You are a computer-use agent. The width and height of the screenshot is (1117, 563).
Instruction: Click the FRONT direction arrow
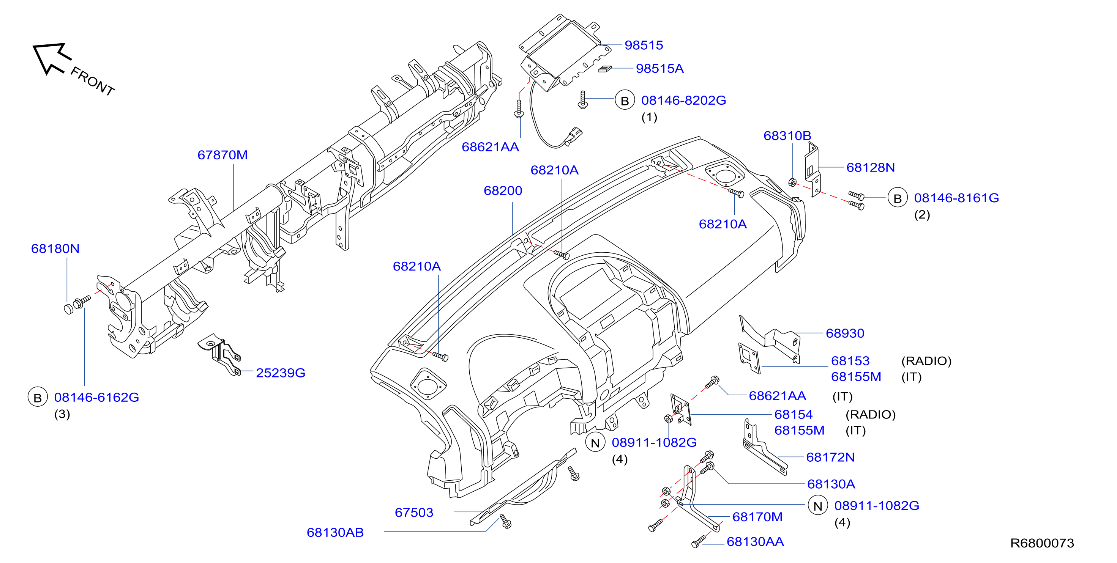tap(51, 58)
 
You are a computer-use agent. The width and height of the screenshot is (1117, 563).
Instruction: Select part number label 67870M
tap(222, 155)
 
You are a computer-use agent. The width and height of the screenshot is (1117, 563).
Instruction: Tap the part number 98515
tap(644, 45)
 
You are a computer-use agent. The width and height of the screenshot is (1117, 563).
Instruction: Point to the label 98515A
tap(659, 69)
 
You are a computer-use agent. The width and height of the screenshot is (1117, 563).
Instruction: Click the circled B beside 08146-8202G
tap(625, 100)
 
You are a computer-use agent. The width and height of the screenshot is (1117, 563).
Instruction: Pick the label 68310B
tap(787, 136)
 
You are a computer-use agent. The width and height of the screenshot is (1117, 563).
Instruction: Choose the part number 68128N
tap(870, 167)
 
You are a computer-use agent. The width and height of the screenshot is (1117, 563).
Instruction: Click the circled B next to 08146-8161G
tap(897, 198)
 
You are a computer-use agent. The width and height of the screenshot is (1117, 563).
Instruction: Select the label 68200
tap(503, 190)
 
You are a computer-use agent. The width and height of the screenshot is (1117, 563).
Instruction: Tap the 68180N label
tap(55, 248)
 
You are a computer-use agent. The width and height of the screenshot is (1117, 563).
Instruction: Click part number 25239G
tap(281, 373)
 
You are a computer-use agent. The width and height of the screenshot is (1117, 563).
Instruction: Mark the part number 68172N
tap(830, 457)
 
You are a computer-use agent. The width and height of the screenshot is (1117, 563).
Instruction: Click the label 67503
tap(414, 512)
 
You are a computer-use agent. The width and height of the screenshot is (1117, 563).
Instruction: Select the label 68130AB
tap(335, 532)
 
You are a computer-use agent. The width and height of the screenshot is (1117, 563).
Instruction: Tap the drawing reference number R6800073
tap(1042, 543)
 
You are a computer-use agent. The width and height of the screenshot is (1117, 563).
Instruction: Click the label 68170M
tap(757, 517)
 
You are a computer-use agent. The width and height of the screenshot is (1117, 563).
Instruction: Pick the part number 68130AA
tap(755, 541)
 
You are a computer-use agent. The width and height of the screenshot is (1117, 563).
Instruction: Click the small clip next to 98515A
tap(604, 69)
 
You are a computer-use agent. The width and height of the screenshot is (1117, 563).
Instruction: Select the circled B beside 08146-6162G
tap(37, 397)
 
